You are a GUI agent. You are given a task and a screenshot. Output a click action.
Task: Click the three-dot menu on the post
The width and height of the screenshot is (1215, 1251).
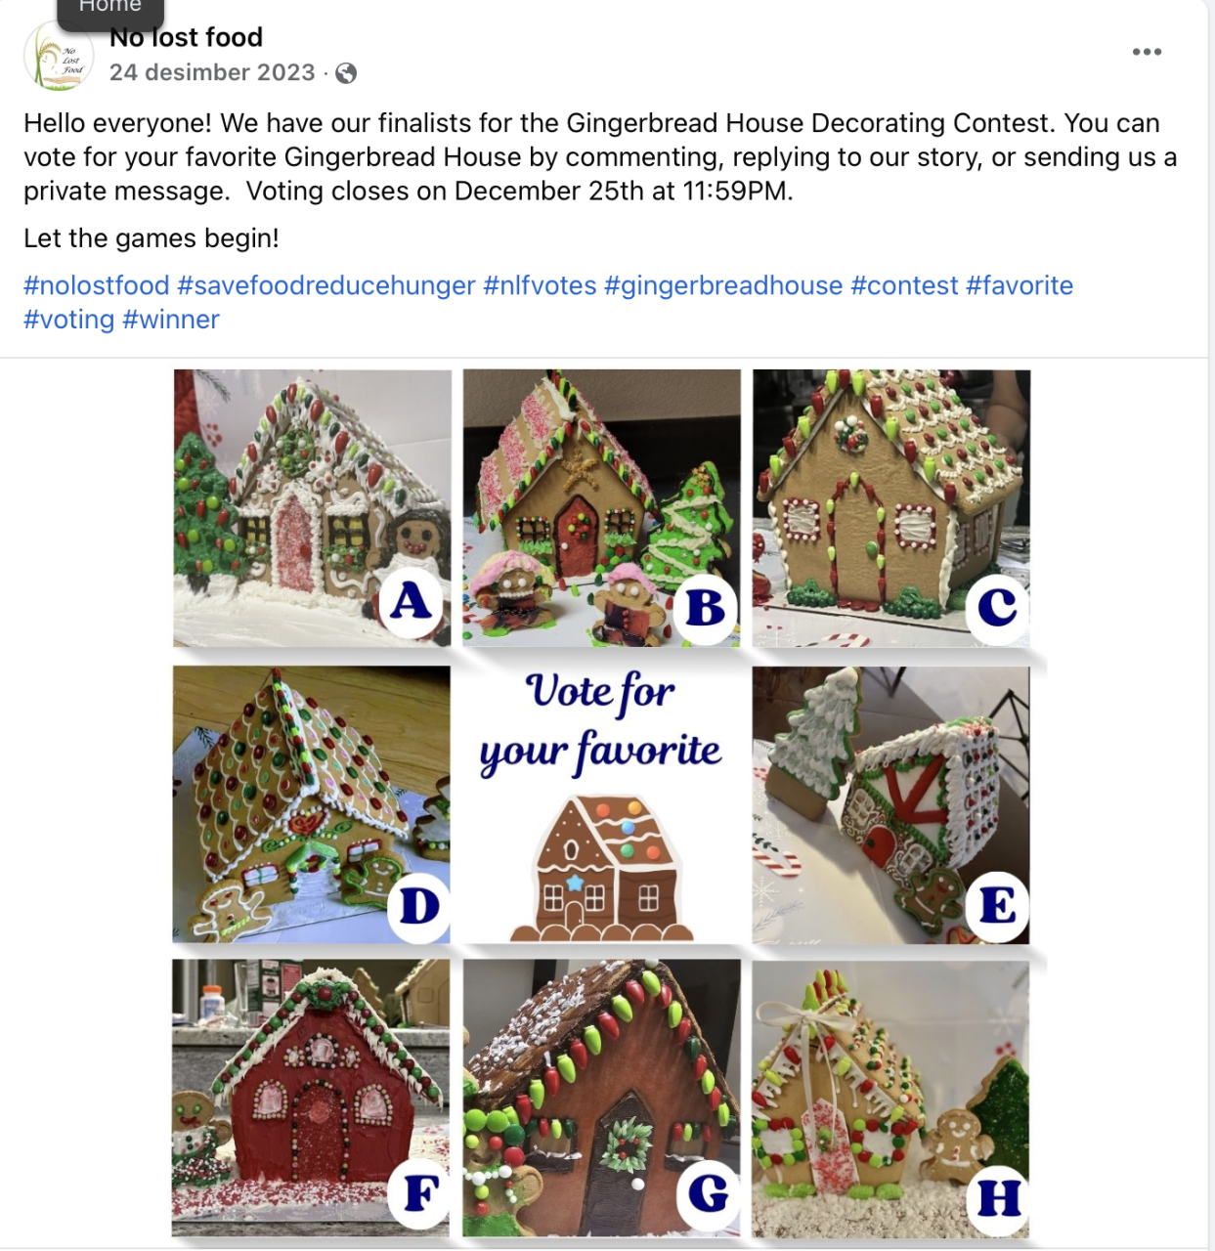pos(1147,52)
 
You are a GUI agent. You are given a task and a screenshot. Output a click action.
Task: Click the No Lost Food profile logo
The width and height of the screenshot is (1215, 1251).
pos(59,56)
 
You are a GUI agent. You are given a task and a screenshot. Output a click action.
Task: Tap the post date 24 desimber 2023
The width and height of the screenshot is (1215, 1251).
pos(212,72)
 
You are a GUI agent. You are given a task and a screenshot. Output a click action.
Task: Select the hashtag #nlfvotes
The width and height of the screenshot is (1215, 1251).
pos(540,285)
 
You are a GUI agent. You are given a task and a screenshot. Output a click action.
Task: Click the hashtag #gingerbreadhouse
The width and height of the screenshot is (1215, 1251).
pos(723,285)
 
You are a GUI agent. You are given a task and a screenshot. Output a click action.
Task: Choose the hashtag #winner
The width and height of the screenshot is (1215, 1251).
pos(170,320)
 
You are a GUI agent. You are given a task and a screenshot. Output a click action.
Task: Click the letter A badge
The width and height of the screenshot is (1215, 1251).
pos(412,603)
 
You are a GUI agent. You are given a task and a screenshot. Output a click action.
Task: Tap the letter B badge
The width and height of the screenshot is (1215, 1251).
pos(705,607)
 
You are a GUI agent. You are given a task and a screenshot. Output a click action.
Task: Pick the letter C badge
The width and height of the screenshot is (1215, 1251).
pos(997,607)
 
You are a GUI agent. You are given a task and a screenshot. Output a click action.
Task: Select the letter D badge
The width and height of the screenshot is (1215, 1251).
pos(419,906)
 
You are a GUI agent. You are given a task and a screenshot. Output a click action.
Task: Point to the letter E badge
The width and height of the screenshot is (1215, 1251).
pos(997,905)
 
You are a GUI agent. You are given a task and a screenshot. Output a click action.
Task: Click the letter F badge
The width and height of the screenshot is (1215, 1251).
pos(420,1193)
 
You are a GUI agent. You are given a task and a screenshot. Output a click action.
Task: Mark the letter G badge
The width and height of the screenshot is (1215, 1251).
pos(708,1193)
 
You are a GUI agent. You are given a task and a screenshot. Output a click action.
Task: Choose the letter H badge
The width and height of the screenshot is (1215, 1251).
pos(998,1198)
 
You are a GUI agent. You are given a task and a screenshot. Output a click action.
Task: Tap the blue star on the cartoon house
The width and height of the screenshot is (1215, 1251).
pos(575,882)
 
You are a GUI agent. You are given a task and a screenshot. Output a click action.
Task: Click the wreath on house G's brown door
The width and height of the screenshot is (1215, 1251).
pos(628,1144)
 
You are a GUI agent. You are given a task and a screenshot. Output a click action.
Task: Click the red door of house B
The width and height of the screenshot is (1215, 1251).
pos(578,533)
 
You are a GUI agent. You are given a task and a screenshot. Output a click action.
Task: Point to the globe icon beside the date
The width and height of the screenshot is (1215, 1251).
pos(346,73)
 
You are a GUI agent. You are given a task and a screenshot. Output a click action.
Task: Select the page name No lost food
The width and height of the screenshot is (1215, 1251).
pos(187,37)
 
